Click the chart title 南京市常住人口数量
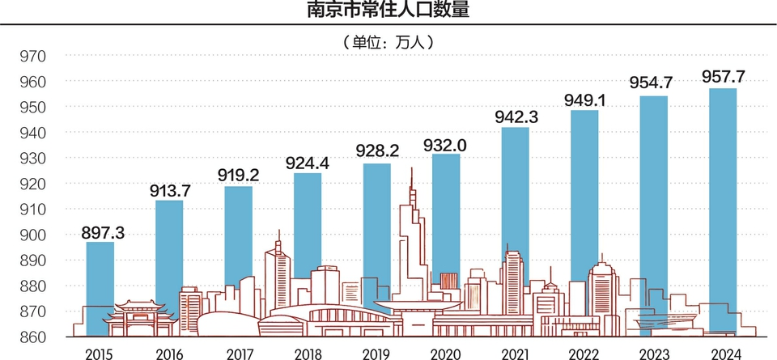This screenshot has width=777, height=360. [x=389, y=11]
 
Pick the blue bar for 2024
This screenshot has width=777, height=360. [x=723, y=202]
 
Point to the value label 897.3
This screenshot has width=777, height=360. [x=103, y=233]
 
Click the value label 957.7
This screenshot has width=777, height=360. [x=724, y=78]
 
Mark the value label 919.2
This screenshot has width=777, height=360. [x=239, y=176]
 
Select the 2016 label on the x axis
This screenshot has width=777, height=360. [x=168, y=353]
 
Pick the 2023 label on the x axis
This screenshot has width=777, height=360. [x=655, y=353]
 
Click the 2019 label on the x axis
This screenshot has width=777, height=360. [x=376, y=353]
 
